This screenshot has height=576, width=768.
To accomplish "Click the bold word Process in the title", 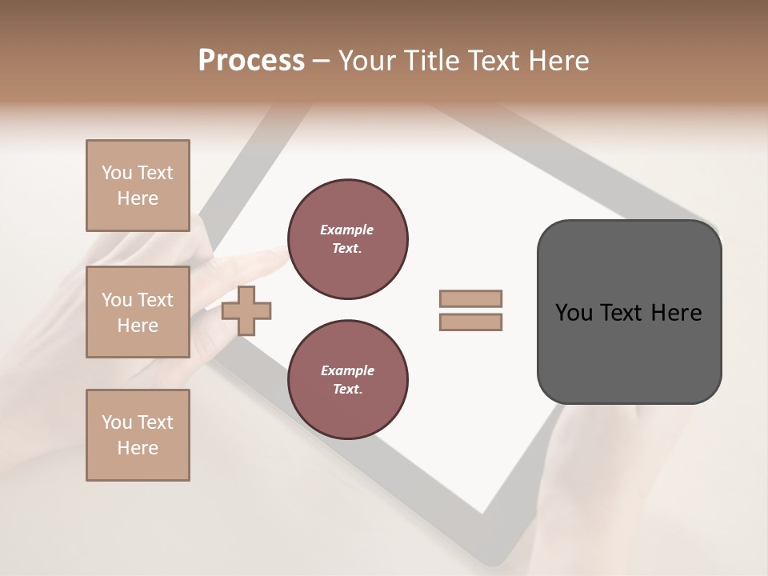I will (x=251, y=61).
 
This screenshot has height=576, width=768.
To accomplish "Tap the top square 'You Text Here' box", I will (x=138, y=186).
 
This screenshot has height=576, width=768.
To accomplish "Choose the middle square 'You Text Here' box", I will (x=138, y=312).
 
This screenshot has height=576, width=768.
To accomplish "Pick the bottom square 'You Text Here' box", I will (x=138, y=435).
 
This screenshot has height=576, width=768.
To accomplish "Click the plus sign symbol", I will (x=246, y=310).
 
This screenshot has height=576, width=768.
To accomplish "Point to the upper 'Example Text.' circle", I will (x=348, y=238).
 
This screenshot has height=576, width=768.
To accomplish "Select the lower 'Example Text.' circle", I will (x=348, y=379).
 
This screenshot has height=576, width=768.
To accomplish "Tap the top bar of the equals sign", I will (x=471, y=298).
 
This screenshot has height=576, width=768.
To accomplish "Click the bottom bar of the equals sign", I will (x=471, y=322).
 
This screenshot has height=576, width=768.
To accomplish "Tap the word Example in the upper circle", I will (x=347, y=230).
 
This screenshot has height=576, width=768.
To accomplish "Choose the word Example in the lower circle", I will (x=347, y=370).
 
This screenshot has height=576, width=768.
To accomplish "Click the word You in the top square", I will (x=117, y=173).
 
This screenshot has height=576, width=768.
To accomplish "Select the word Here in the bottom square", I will (x=138, y=448).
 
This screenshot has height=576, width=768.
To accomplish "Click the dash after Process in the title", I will (x=322, y=61).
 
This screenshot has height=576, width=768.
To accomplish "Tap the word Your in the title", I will (x=369, y=61).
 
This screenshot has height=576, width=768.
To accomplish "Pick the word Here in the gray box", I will (x=676, y=313).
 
